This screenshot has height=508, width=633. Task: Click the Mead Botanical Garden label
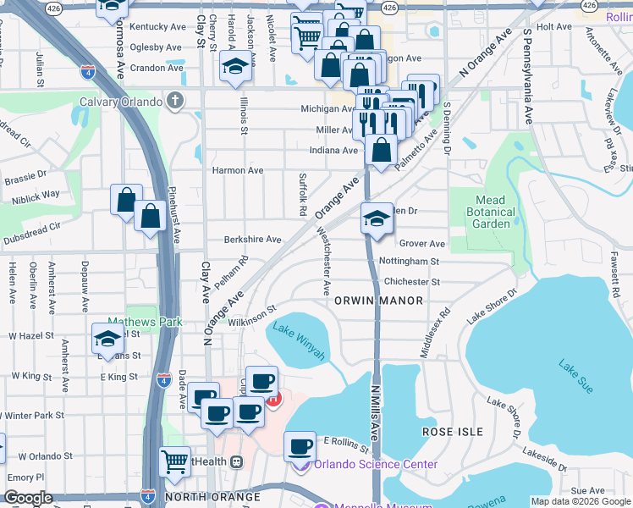coord(492,212)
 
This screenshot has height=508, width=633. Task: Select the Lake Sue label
coord(575,370)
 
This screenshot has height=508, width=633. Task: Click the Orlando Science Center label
coord(376,464)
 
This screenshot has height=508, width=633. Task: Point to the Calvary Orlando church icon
coord(175,102)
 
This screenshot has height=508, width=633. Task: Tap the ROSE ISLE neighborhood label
coord(454,432)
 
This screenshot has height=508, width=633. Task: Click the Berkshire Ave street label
coord(252,240)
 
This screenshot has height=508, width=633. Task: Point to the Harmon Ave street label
coord(238,170)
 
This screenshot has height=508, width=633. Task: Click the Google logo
coord(28,498)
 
